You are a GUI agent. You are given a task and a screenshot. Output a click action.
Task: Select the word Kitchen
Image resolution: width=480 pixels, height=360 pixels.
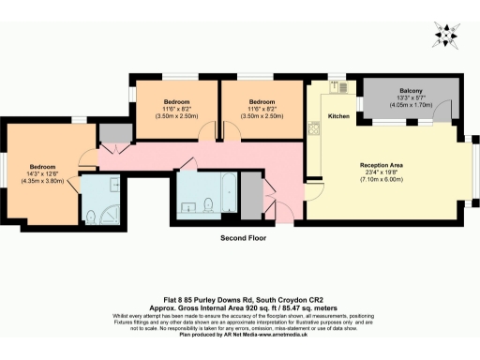(338, 117)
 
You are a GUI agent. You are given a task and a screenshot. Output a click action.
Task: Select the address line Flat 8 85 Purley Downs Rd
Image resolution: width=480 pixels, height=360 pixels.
(239, 298)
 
